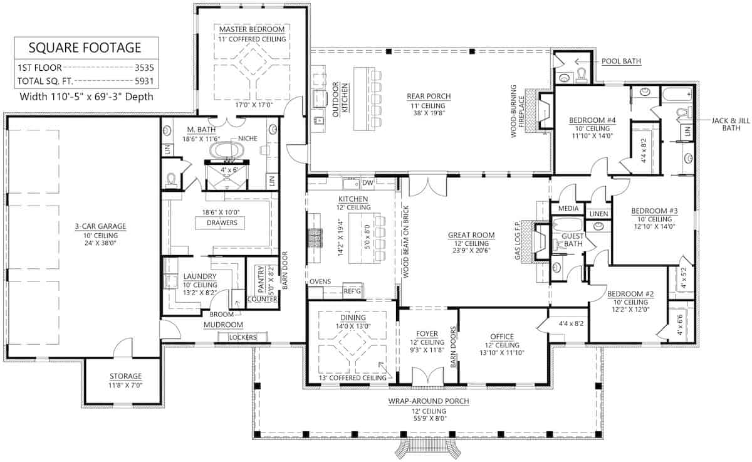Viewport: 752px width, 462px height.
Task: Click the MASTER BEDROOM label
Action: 252,29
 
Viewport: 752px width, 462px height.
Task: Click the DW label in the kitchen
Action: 368,183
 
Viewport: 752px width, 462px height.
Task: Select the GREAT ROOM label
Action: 471,236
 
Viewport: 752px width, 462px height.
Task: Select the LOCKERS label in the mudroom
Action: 243,337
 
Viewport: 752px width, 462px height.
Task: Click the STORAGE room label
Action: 126,376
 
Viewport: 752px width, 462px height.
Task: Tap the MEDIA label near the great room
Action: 561,208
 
